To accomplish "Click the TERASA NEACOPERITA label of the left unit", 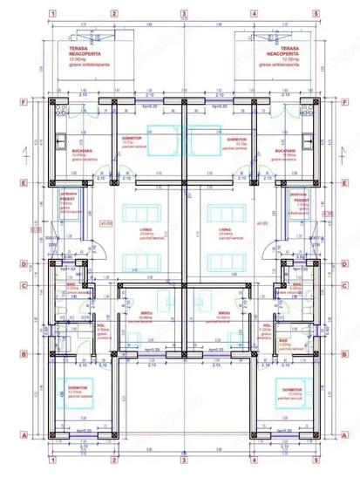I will point(78,51).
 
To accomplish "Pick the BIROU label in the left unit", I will point(145,315).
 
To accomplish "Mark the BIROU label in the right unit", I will point(224,315).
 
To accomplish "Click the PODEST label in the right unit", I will point(301,200).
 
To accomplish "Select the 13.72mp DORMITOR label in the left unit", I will point(128,139).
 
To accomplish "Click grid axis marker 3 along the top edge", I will point(184,13).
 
